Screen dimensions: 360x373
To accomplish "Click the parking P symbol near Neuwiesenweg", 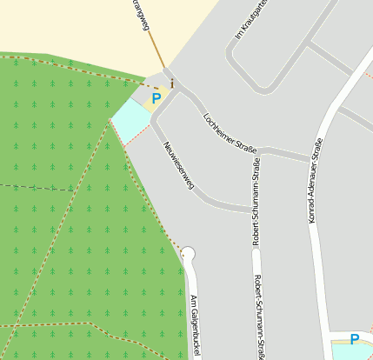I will point(157,99).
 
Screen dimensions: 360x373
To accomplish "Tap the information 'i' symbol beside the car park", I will point(172,84).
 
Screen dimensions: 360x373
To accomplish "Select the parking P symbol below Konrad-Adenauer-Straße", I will point(354,339).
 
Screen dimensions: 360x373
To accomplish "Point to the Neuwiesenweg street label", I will point(178,163).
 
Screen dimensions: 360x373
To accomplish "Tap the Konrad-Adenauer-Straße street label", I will point(315,180).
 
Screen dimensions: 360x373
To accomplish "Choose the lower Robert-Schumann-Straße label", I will point(259,317).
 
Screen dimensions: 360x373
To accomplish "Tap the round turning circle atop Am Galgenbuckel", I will point(188,254).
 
